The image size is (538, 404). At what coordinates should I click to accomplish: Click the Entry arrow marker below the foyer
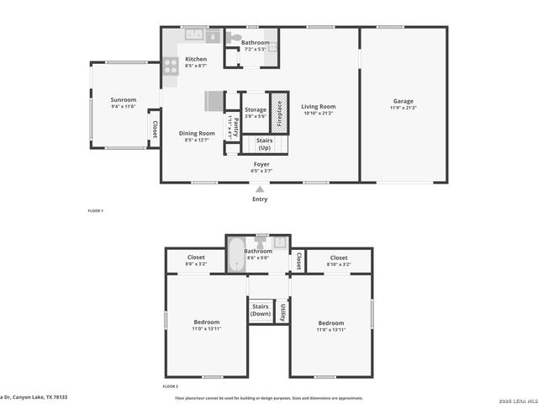261,190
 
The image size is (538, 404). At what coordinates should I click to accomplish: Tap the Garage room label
403,100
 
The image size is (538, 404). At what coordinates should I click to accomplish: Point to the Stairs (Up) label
264,144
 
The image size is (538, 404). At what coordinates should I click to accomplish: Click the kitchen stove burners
170,64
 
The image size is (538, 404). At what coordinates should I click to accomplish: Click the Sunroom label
123,99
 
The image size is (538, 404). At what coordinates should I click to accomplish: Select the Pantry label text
235,127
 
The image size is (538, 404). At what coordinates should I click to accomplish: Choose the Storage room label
256,110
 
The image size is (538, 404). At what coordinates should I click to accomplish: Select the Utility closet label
282,312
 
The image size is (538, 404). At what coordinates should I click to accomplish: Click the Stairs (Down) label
261,310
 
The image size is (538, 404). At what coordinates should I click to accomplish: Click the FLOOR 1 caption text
96,210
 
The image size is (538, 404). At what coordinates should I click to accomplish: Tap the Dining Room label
196,133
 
